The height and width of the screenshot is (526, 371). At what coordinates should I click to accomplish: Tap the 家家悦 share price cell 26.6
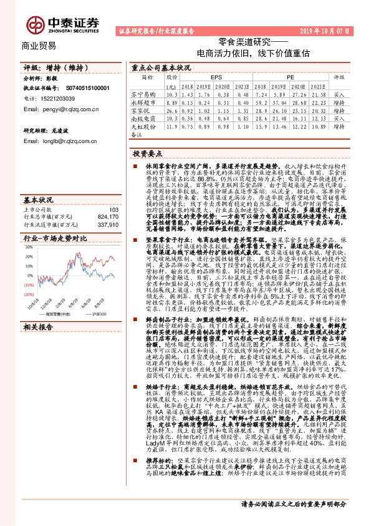(172, 109)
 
